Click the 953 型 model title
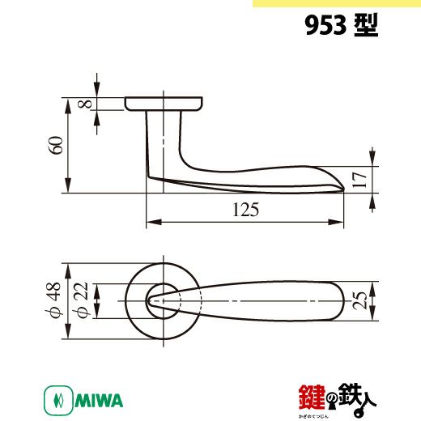coord(342,25)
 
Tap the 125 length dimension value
coord(245,210)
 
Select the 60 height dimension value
coord(56,145)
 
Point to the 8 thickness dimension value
coord(85,104)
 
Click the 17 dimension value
coord(359,180)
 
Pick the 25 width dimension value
coord(359,300)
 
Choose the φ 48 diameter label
coord(53,300)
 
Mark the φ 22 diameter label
coord(81,300)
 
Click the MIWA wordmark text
coord(99,401)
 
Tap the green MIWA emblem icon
coord(58,401)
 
